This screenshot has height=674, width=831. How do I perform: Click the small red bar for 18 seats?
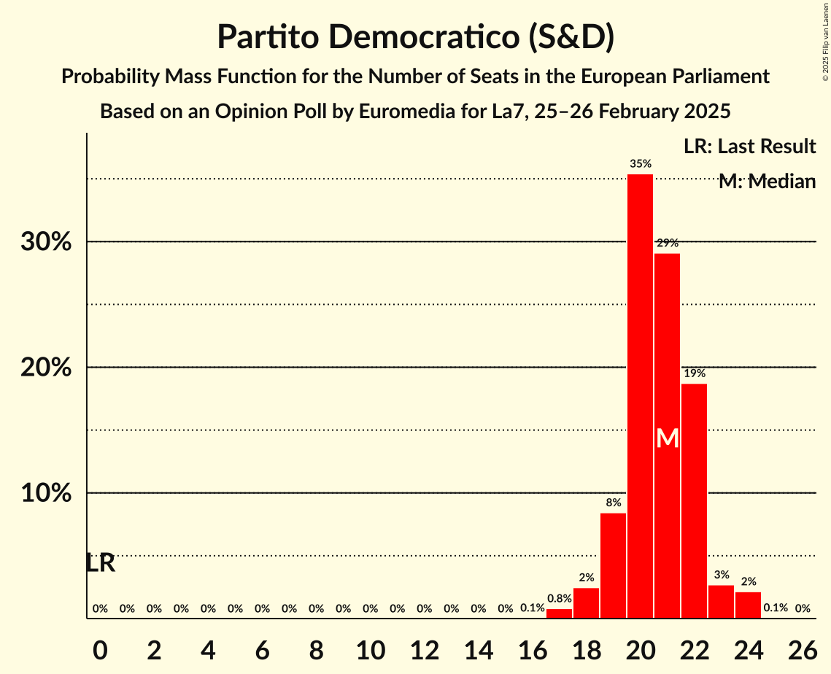[586, 603]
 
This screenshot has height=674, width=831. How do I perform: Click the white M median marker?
[667, 438]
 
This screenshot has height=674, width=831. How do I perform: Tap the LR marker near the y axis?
[100, 563]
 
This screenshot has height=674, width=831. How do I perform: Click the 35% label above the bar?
[640, 164]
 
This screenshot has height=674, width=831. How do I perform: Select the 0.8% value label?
[559, 599]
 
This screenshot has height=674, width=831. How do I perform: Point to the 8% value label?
[613, 503]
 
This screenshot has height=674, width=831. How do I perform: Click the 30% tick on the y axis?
[46, 241]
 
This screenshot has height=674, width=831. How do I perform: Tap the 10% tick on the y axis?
[46, 493]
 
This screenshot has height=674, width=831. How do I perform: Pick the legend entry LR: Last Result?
[749, 147]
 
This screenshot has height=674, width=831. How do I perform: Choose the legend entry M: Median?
[767, 182]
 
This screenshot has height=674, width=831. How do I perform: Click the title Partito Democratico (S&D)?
[415, 37]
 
